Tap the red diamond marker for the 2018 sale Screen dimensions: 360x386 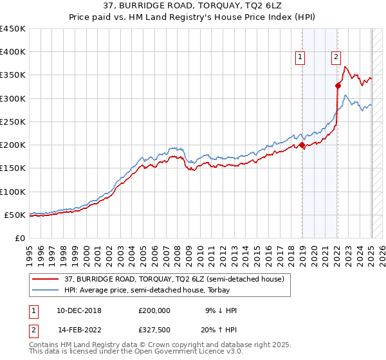[x=302, y=145]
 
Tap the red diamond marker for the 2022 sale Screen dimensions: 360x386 [x=338, y=85]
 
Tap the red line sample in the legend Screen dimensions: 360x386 [x=46, y=278]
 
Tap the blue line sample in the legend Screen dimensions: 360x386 [x=46, y=291]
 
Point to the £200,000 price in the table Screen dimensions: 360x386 [x=154, y=310]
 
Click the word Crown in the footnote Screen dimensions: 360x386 [x=169, y=345]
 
